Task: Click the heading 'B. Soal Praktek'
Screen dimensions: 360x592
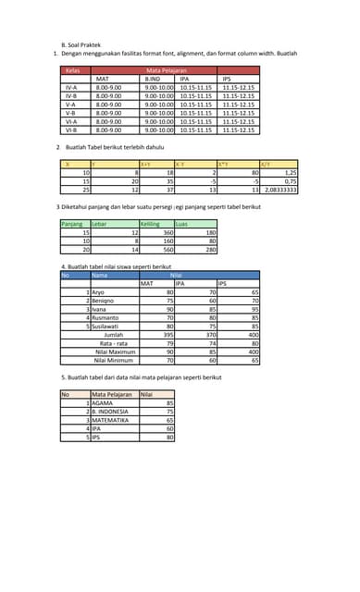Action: point(81,44)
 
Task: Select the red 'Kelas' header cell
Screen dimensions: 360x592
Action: point(72,69)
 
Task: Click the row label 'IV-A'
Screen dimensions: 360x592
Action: point(71,87)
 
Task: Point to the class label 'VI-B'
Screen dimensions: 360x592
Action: point(71,130)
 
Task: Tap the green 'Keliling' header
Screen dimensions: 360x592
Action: point(149,224)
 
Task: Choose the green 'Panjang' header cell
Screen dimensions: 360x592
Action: point(72,224)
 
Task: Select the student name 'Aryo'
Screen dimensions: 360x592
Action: point(97,292)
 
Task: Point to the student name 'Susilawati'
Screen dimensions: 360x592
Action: point(105,327)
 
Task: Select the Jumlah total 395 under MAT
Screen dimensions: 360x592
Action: point(168,335)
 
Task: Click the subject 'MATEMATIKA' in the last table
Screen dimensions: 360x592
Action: point(111,420)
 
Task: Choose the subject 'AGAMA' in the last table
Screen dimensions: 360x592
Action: point(102,403)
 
